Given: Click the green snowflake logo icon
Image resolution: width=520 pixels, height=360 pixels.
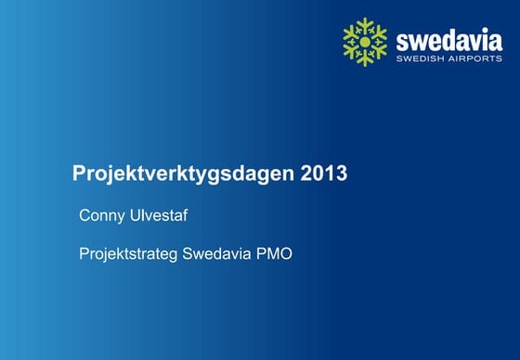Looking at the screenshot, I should click(x=365, y=42).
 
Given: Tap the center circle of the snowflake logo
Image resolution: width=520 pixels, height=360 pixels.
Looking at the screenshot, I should click(x=365, y=42).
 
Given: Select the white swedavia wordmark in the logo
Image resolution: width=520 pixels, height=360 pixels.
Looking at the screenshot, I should click(x=448, y=39).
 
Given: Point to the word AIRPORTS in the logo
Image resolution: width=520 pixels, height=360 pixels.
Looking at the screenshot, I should click(x=476, y=58).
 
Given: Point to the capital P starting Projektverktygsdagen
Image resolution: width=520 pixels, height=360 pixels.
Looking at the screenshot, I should click(x=79, y=174).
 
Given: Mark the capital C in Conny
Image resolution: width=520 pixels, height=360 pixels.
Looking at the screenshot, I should click(x=84, y=217).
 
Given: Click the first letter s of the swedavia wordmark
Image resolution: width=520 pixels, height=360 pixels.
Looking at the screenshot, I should click(x=401, y=41).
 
